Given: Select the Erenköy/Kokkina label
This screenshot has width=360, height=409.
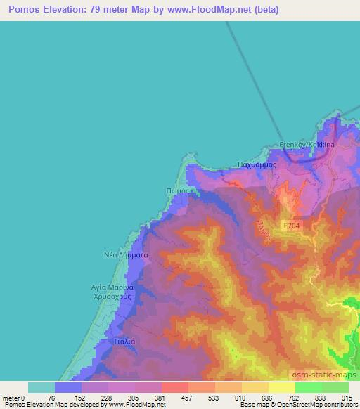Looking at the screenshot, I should [x=307, y=144].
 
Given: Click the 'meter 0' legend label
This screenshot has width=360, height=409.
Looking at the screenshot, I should [x=13, y=398].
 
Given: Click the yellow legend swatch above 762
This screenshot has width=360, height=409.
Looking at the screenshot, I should [x=281, y=387].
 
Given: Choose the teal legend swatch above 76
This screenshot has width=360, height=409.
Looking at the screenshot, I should [x=41, y=387].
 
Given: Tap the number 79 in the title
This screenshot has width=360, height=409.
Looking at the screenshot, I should [x=111, y=10].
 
